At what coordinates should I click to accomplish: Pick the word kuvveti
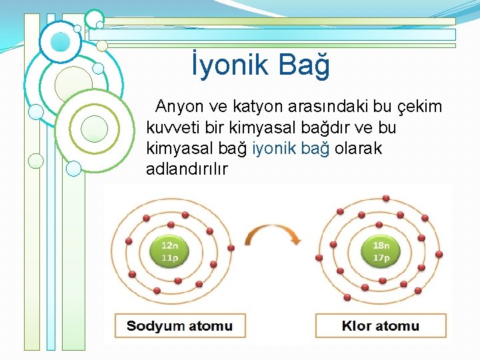click(x=171, y=127)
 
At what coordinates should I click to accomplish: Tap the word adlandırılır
click(x=187, y=169)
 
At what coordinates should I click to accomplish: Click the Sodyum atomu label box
click(x=180, y=326)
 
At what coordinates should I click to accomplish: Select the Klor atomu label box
click(x=381, y=326)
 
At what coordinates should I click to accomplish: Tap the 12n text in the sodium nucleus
click(x=170, y=245)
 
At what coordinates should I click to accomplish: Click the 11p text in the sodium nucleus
click(x=170, y=257)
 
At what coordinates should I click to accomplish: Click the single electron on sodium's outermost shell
click(x=231, y=247)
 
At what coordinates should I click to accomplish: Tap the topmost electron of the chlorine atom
click(x=385, y=198)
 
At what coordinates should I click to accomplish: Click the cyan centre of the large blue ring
click(x=60, y=42)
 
